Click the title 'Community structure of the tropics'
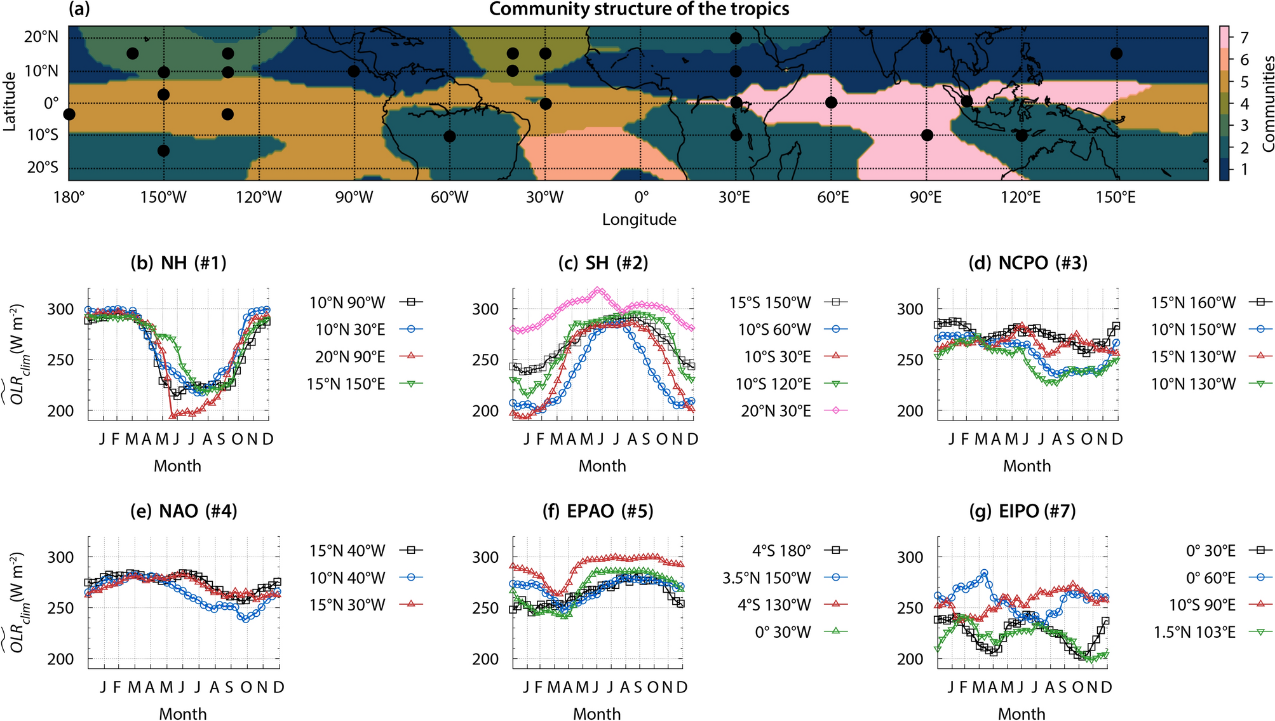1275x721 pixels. click(638, 9)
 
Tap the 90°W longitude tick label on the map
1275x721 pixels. click(354, 198)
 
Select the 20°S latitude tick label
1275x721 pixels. click(42, 167)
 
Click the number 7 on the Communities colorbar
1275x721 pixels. click(1244, 37)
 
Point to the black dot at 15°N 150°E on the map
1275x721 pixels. click(1116, 53)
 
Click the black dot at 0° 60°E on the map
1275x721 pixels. click(831, 102)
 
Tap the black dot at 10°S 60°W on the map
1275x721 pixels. click(450, 136)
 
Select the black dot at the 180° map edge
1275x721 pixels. click(69, 114)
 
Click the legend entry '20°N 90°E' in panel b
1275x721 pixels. click(350, 357)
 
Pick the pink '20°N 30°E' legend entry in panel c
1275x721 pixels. click(776, 411)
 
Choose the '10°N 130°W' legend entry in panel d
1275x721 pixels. click(1194, 384)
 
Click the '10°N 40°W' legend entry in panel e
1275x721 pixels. click(347, 578)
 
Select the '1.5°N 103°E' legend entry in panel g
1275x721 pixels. click(1194, 632)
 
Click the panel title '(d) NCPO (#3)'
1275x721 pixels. click(1027, 263)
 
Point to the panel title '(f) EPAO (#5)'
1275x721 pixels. click(598, 511)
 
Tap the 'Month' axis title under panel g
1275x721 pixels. click(1021, 713)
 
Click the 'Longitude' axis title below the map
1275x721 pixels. click(639, 220)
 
